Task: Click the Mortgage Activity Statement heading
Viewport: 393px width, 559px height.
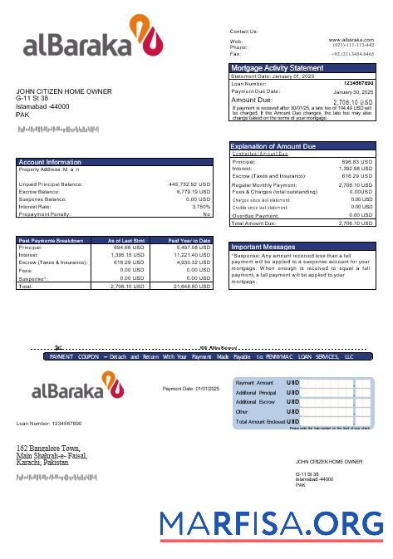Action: click(278, 67)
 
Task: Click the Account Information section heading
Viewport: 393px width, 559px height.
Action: click(50, 162)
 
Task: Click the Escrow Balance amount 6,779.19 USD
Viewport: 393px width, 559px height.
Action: click(193, 191)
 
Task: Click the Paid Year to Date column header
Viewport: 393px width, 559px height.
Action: click(189, 240)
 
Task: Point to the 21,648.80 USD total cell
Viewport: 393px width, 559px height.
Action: click(191, 285)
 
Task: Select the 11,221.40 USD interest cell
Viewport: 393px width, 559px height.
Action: click(191, 255)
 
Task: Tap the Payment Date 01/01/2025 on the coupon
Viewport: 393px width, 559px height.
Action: click(191, 388)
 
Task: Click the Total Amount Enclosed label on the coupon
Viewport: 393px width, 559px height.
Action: click(259, 422)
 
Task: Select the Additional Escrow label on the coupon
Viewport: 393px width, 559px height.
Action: click(256, 402)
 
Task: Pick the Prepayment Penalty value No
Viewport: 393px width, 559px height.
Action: click(207, 213)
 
